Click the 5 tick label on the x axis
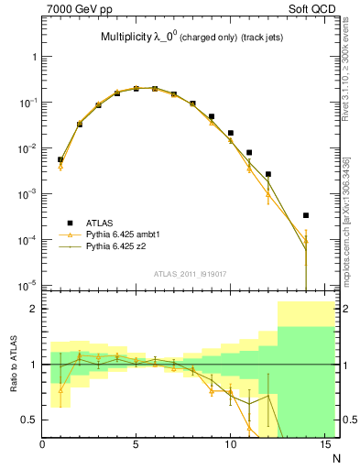point(136,446)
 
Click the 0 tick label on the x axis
point(42,446)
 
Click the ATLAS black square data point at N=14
point(306,215)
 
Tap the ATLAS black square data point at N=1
point(60,159)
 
